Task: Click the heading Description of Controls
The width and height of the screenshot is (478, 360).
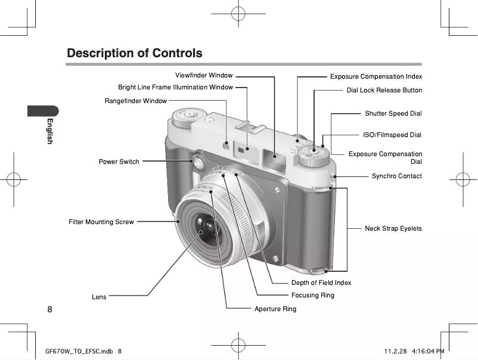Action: (135, 53)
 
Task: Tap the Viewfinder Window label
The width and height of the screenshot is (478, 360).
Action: (204, 76)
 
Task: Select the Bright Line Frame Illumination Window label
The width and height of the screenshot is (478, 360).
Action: (175, 88)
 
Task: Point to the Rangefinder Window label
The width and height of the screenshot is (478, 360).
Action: (135, 101)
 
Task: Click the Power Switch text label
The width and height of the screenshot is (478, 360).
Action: (119, 162)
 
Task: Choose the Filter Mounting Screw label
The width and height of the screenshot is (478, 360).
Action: (101, 222)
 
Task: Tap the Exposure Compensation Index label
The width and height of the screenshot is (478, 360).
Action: (376, 77)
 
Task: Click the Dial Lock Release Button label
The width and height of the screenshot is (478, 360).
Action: (384, 91)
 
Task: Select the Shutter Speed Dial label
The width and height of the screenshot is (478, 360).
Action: (393, 114)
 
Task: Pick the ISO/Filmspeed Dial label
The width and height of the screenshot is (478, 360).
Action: (392, 135)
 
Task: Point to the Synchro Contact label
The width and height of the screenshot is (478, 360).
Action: (396, 176)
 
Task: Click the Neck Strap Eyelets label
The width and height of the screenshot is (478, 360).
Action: (393, 229)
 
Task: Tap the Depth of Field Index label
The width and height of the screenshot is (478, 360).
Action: (321, 283)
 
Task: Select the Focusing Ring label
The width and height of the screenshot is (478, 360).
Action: (312, 296)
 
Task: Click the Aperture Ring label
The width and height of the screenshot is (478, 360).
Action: (275, 309)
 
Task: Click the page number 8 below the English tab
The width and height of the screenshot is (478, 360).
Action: (49, 309)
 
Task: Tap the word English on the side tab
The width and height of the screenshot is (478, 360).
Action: (51, 131)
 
